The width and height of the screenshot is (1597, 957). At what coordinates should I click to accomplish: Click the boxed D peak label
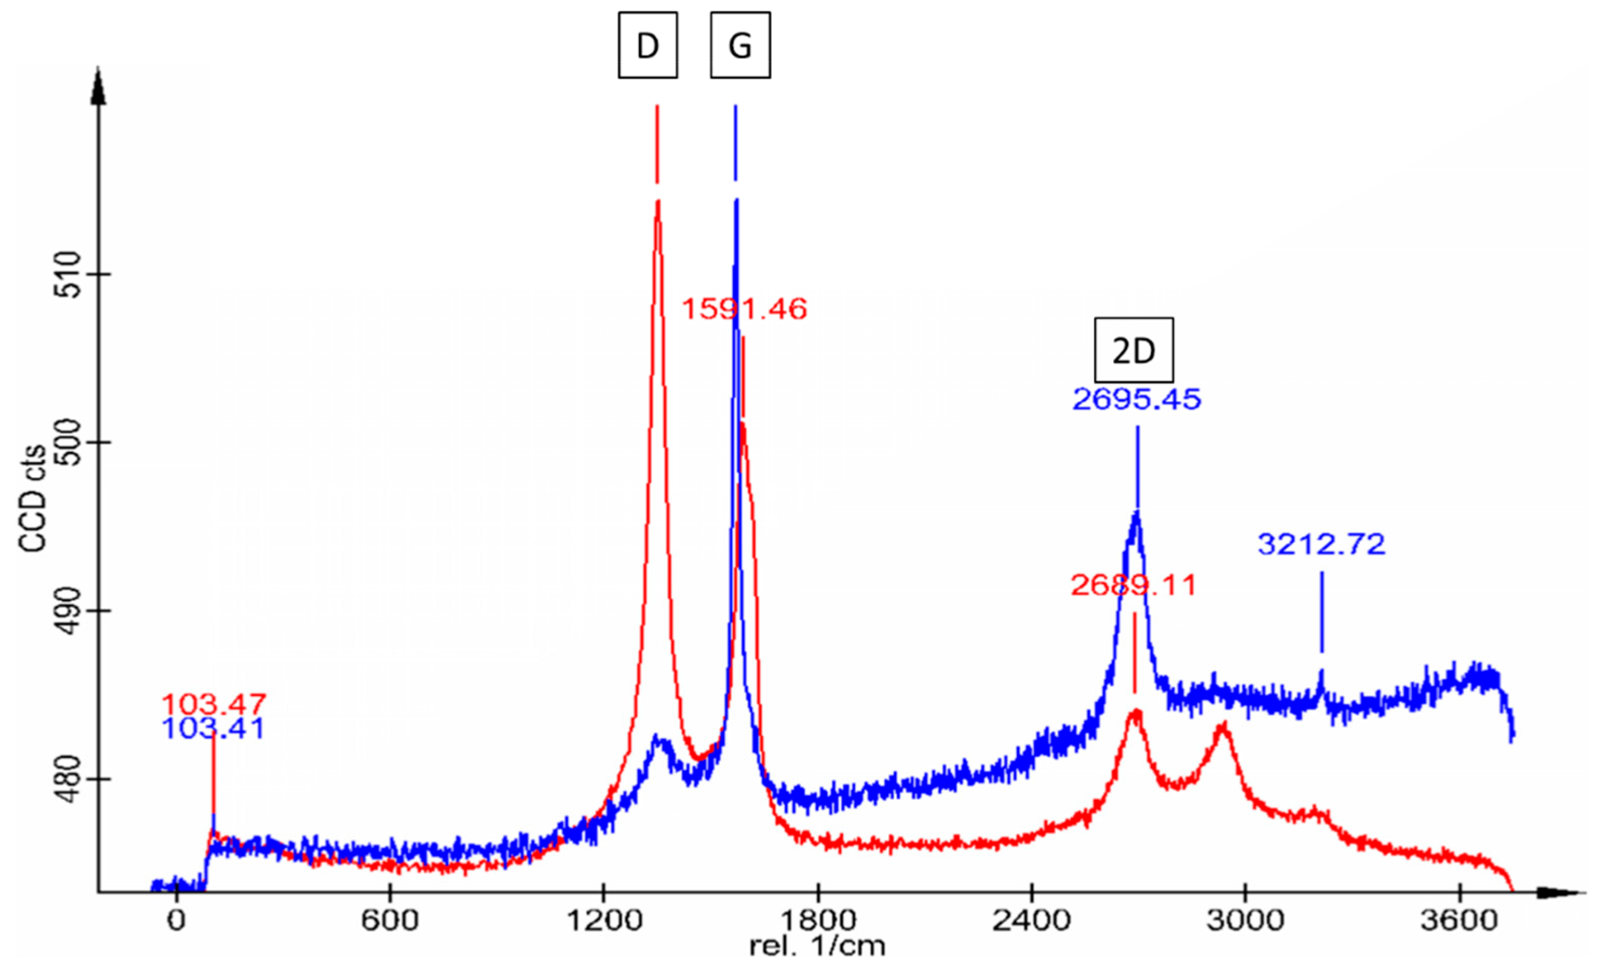(x=647, y=46)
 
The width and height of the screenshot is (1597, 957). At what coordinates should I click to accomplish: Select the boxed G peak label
(x=740, y=46)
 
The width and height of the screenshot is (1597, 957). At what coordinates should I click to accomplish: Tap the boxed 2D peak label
(x=1133, y=350)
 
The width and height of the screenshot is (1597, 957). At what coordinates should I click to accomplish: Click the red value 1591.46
(x=744, y=310)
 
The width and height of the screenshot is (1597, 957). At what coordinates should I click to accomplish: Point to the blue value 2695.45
(x=1136, y=400)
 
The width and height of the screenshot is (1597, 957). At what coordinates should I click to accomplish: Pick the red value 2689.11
(x=1133, y=585)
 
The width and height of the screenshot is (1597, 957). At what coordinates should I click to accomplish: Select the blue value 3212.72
(x=1321, y=545)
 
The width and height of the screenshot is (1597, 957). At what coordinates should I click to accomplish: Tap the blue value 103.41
(x=213, y=729)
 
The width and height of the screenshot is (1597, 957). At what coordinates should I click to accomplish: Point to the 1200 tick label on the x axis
(x=604, y=920)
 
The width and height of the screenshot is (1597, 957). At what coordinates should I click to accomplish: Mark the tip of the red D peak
(x=657, y=202)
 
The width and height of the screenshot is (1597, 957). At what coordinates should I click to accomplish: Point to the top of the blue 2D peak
(x=1136, y=513)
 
